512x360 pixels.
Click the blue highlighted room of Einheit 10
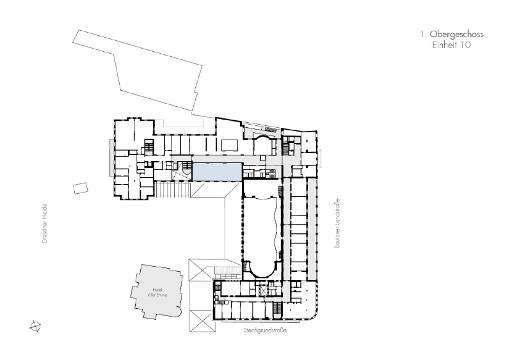[x=217, y=171]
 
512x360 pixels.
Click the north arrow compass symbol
[x=35, y=326]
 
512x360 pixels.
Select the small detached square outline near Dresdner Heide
[x=80, y=188]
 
